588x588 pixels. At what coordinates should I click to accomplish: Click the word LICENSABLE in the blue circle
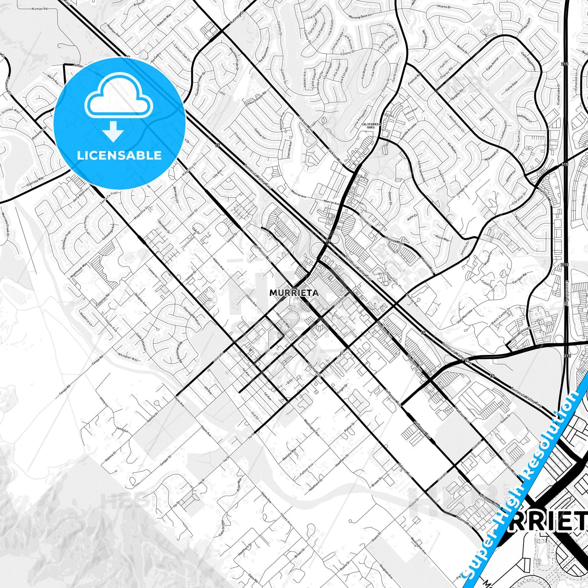[119, 155]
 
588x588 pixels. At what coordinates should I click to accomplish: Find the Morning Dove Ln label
[360, 17]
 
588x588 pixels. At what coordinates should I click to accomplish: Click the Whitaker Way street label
[128, 357]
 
